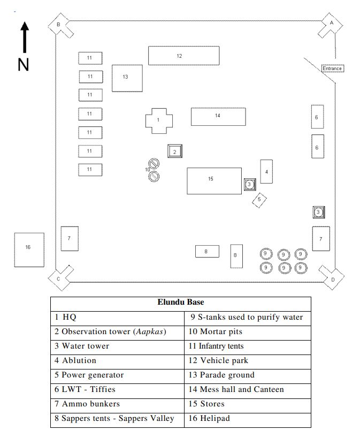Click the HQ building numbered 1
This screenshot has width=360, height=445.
[159, 120]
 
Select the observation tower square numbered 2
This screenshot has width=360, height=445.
[174, 151]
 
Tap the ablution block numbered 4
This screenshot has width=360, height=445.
[266, 171]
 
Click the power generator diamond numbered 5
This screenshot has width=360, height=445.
[259, 200]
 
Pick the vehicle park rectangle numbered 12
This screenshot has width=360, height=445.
[183, 56]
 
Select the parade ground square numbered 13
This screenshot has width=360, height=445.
[127, 78]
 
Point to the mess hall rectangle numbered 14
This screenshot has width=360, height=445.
[218, 117]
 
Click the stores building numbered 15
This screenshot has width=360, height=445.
[215, 181]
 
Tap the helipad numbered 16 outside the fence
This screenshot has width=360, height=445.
[29, 250]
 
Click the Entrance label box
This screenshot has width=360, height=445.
[333, 69]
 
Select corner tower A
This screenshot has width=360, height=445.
[330, 25]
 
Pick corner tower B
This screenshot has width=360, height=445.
[60, 26]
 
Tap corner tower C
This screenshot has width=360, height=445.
[60, 278]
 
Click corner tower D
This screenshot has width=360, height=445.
[331, 277]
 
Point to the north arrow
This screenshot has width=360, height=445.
[25, 37]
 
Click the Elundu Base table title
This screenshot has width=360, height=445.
[181, 302]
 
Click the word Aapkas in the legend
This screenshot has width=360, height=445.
[150, 331]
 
